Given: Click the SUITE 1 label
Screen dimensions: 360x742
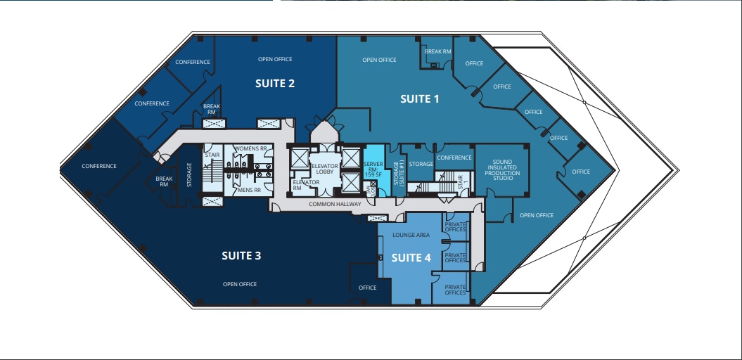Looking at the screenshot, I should tap(419, 99).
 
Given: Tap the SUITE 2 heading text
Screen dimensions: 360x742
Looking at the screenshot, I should tap(274, 83).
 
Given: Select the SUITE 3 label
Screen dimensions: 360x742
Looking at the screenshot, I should tap(241, 255).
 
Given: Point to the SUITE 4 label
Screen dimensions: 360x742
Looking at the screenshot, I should tap(411, 257).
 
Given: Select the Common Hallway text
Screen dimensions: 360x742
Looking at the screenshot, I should tap(335, 205).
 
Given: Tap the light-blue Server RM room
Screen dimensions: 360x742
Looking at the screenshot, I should tap(373, 167).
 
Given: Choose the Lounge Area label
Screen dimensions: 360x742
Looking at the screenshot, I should tap(411, 236).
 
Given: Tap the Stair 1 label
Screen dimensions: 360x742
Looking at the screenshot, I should tap(461, 181).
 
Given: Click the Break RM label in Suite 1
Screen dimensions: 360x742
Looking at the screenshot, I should tap(438, 51).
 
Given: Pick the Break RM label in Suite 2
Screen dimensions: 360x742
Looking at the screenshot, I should tap(212, 109).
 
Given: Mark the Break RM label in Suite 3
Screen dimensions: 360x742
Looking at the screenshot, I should tap(164, 181).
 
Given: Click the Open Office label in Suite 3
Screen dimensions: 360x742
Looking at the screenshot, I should tap(240, 284).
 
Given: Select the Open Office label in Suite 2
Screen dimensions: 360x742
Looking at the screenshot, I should tap(274, 59).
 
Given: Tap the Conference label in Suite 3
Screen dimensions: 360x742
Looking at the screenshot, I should tap(99, 166).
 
